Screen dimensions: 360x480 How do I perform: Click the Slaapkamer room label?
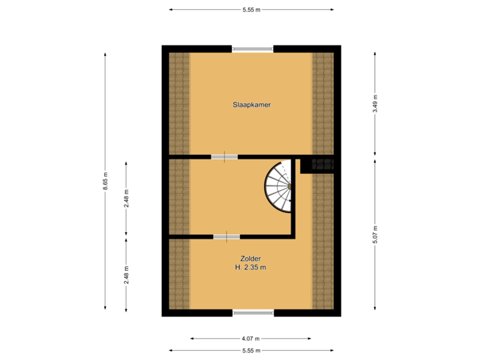coord(251,105)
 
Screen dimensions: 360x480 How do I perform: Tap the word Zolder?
coord(251,258)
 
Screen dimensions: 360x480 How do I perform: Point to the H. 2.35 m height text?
coord(251,267)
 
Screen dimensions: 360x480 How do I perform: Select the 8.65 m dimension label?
coord(105,181)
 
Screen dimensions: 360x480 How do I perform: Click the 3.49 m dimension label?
coord(375,103)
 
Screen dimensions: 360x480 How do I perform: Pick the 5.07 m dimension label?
coord(375,234)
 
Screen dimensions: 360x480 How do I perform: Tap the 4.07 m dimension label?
coord(251,338)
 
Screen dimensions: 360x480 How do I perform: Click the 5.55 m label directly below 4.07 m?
coord(251,350)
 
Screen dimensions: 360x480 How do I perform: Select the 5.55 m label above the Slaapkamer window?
coord(251,9)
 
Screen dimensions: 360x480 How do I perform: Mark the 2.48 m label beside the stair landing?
coord(127,198)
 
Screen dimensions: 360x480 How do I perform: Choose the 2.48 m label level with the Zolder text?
coord(127,274)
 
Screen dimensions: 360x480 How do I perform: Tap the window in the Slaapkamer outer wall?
coord(252,48)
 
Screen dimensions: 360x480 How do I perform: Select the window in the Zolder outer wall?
coord(253,313)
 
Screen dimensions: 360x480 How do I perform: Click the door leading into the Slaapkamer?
coord(224,157)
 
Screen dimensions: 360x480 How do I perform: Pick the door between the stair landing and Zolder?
coord(227,236)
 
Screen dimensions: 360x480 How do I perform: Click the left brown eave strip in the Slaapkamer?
coord(179,103)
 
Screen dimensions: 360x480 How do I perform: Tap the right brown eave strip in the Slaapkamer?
coord(323,103)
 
